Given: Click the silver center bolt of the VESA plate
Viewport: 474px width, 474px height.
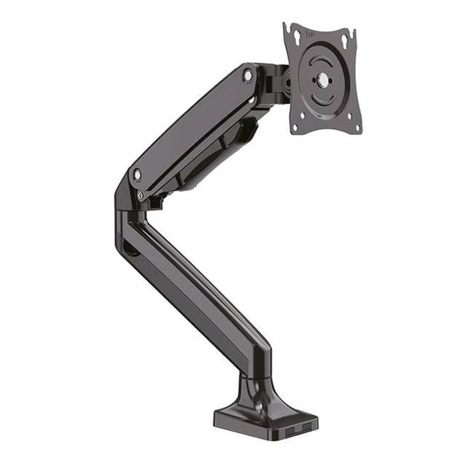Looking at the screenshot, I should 321,77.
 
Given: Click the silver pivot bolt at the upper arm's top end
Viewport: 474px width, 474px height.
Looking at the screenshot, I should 247,74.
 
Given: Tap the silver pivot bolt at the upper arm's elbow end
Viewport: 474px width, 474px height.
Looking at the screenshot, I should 137,174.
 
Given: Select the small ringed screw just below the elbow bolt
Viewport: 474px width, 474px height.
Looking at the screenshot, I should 141,195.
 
